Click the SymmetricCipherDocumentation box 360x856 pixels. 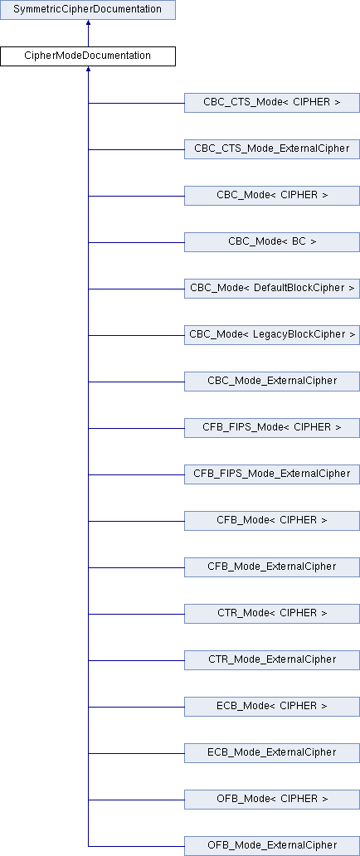(87, 10)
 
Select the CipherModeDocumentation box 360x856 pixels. (87, 56)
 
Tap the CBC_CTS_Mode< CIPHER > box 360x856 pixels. (271, 103)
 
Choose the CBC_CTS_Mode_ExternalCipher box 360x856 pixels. (271, 149)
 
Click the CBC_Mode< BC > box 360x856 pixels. (271, 242)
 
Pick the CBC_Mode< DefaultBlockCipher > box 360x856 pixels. (271, 289)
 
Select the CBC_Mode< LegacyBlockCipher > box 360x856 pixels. (271, 334)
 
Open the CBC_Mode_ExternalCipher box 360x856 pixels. (271, 381)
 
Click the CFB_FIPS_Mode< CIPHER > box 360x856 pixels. (271, 427)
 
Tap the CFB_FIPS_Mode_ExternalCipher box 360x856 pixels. (271, 474)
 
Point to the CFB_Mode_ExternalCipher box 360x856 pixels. (271, 567)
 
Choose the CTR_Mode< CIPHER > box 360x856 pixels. (271, 613)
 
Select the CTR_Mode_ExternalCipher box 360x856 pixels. (271, 659)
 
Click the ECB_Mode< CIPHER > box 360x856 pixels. (271, 706)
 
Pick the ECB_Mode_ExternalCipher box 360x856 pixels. (271, 752)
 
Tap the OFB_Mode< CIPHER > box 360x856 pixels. (271, 799)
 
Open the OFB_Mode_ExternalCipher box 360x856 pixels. (271, 845)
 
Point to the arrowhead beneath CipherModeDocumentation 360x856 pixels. (88, 70)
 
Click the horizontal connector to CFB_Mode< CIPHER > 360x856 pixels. (136, 521)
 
